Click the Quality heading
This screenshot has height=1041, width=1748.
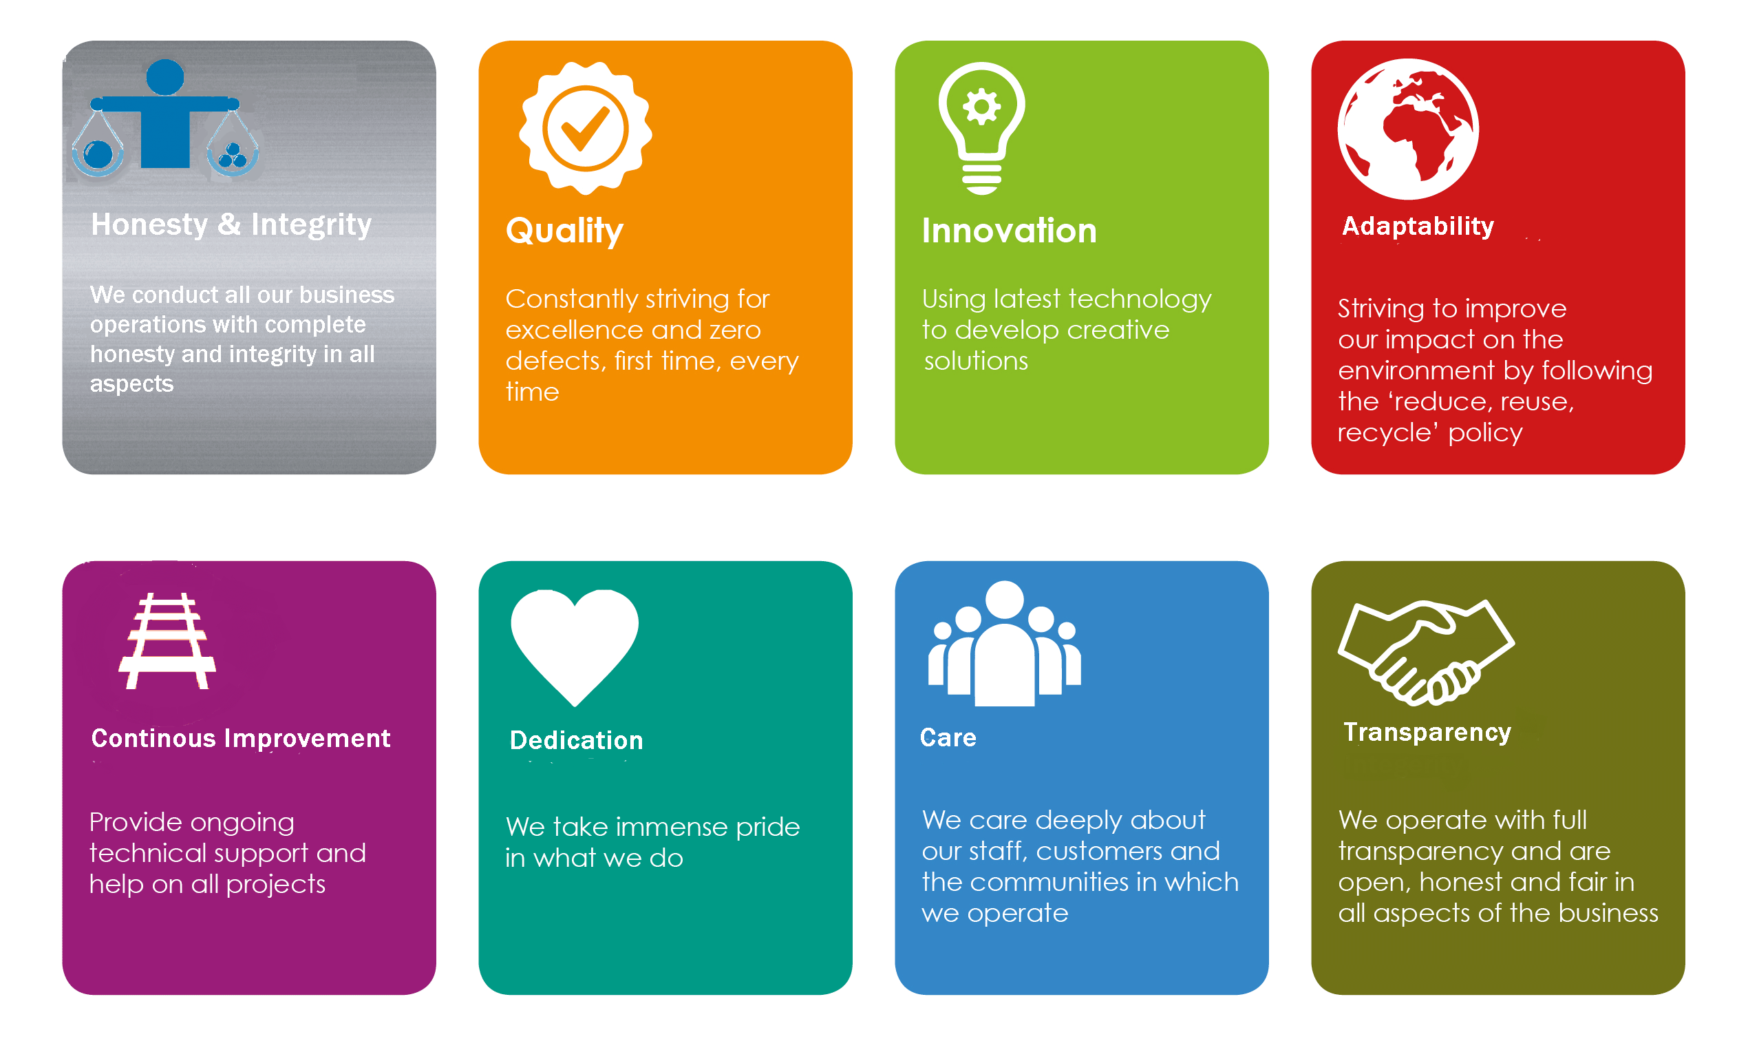click(x=564, y=231)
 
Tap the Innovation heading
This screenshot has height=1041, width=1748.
click(x=1009, y=231)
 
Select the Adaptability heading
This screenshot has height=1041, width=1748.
click(x=1418, y=227)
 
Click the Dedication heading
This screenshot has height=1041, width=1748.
click(x=575, y=740)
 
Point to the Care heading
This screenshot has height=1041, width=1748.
click(x=948, y=738)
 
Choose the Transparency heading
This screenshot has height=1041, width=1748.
click(x=1427, y=733)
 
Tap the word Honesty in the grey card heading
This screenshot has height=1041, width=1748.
click(x=149, y=225)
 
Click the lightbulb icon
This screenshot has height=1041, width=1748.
click(x=981, y=128)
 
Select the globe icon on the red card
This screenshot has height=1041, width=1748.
click(x=1408, y=129)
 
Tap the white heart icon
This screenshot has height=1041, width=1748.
click(x=575, y=646)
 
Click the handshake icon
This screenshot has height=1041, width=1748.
click(x=1426, y=653)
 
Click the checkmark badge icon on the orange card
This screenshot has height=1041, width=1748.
click(x=586, y=128)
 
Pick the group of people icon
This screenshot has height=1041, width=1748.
click(x=1004, y=643)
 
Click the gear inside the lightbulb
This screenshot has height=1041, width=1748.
click(x=981, y=107)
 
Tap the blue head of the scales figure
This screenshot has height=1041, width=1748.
click(x=165, y=77)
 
